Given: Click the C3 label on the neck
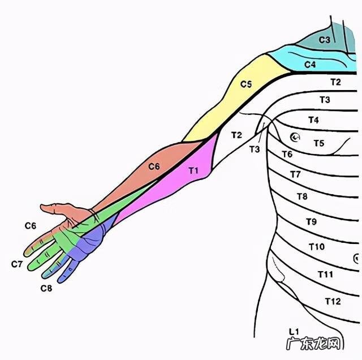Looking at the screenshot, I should [x=324, y=40].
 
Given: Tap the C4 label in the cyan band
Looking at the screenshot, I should [x=309, y=65].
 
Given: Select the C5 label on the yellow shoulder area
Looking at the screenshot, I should [x=245, y=84].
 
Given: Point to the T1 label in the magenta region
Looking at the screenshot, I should [x=193, y=169].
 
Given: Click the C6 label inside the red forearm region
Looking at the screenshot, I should [x=154, y=166].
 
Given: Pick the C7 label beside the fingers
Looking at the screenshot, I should [x=17, y=264].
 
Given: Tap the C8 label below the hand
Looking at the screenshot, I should [x=46, y=288].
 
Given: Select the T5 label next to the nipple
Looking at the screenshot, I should [x=319, y=143].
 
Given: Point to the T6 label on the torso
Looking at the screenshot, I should [x=287, y=155].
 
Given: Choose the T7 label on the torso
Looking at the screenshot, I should [x=295, y=174].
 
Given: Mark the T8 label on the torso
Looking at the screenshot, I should [x=302, y=196].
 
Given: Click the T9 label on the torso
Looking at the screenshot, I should [x=311, y=221].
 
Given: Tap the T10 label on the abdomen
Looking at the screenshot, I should [x=317, y=247].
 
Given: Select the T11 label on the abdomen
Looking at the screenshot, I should [x=325, y=274].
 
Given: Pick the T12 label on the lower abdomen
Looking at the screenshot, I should [x=333, y=301].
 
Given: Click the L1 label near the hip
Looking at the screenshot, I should [x=293, y=331].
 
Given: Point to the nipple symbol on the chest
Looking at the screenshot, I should [x=295, y=136].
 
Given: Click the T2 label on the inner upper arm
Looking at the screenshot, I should [x=236, y=135].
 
